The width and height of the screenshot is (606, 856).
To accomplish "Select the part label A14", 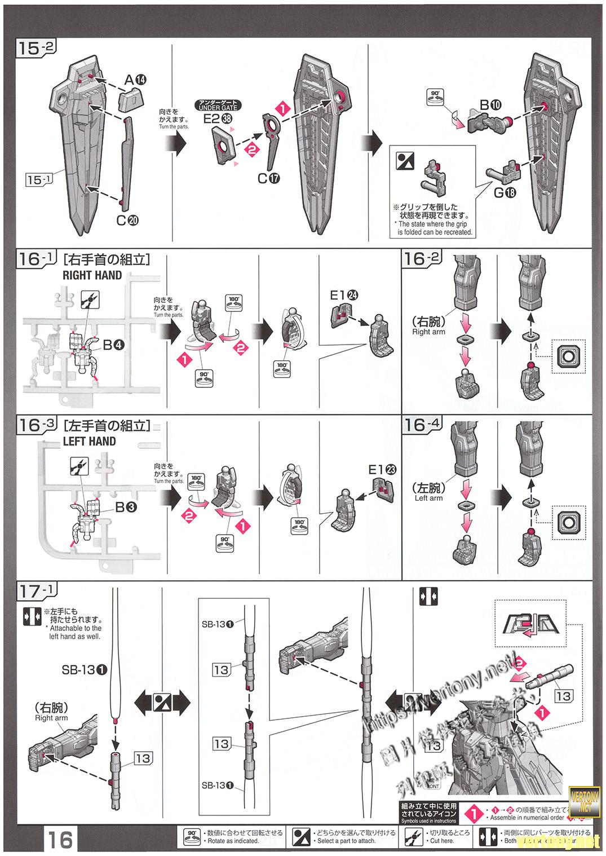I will click(x=135, y=80).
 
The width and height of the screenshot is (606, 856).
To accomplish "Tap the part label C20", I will click(x=127, y=220).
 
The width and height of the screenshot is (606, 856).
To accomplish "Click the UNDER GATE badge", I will click(x=218, y=105).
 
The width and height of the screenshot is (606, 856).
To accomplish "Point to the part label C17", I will click(x=269, y=178).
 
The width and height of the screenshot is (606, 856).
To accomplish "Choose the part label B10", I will click(x=490, y=105).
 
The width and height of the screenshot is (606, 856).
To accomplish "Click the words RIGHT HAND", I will click(x=92, y=275).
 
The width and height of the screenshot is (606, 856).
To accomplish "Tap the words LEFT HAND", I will click(x=89, y=442).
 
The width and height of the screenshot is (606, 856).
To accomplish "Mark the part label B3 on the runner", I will click(x=126, y=507).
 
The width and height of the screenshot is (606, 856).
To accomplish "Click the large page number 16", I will click(x=60, y=840).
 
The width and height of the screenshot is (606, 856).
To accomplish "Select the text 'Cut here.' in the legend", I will click(x=441, y=841).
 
